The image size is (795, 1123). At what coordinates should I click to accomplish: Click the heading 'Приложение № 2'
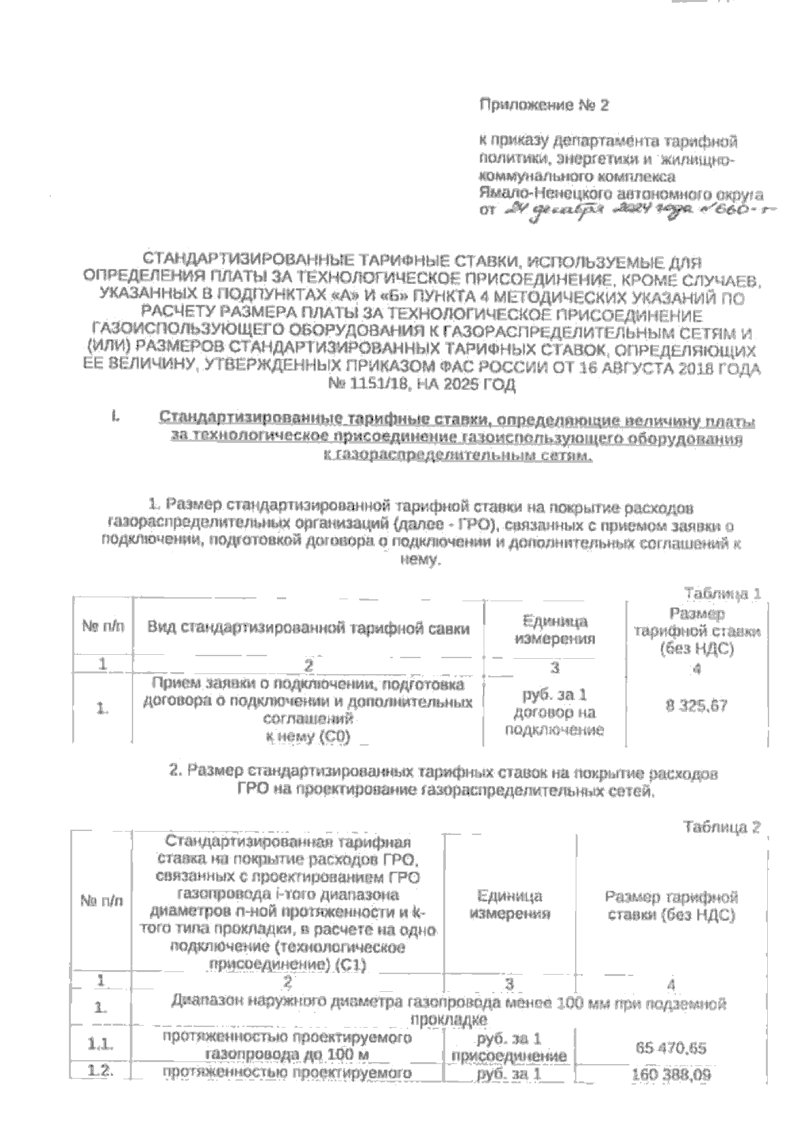click(x=543, y=105)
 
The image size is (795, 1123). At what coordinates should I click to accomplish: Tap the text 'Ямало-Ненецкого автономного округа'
click(x=621, y=195)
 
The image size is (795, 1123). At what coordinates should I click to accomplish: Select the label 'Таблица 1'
click(x=721, y=593)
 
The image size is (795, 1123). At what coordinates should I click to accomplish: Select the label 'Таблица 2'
click(x=721, y=827)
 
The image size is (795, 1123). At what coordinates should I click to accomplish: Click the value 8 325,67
click(x=696, y=706)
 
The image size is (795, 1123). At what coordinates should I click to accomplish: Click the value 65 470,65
click(x=670, y=1048)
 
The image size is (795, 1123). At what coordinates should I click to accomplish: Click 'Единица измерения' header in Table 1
click(x=555, y=630)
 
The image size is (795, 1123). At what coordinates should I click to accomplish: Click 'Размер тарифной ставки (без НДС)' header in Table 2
click(x=671, y=906)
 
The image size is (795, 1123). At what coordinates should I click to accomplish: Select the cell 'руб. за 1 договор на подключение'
click(x=555, y=712)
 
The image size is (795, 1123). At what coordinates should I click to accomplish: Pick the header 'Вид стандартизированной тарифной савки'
click(x=308, y=628)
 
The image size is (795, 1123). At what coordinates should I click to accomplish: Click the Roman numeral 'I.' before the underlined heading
click(x=116, y=417)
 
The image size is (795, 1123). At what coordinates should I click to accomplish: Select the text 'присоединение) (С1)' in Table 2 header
click(x=288, y=965)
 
